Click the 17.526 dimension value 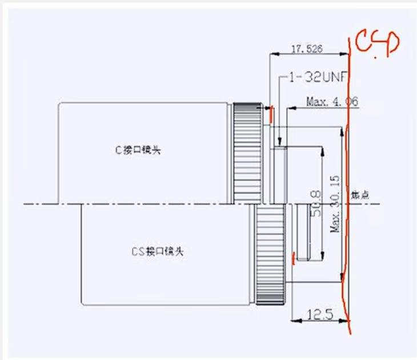pos(307,49)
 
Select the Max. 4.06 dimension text pos(332,102)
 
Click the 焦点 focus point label pos(362,195)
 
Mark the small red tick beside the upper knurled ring pos(271,114)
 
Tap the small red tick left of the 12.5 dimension pos(294,259)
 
